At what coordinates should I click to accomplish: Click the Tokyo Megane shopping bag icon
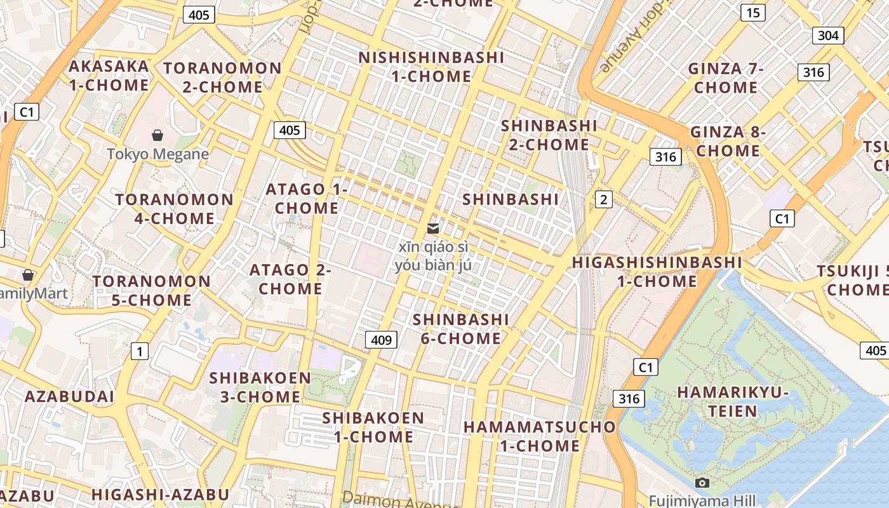pos(157,135)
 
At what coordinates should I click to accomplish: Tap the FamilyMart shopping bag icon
pos(28,275)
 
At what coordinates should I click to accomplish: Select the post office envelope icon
pos(433,228)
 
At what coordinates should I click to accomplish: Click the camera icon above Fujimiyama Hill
pos(702,483)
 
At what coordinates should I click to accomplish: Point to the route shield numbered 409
pos(381,340)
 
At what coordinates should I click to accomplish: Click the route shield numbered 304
pos(828,36)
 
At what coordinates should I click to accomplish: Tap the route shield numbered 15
pos(752,13)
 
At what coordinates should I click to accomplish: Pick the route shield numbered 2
pos(603,200)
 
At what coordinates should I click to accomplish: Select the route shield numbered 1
pos(139,351)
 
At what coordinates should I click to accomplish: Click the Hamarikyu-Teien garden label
pos(733,401)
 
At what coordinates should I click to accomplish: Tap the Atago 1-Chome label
pos(307,198)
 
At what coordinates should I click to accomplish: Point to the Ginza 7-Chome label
pos(726,77)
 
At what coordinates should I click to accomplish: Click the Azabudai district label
pos(69,397)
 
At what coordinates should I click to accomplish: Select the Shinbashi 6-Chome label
pos(461,328)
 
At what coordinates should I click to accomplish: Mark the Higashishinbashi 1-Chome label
pos(657,271)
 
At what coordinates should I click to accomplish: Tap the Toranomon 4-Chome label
pos(175,209)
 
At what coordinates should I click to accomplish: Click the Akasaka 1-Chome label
pos(109,76)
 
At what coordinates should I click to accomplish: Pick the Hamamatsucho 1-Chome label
pos(540,436)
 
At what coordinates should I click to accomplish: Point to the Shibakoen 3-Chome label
pos(260,387)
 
